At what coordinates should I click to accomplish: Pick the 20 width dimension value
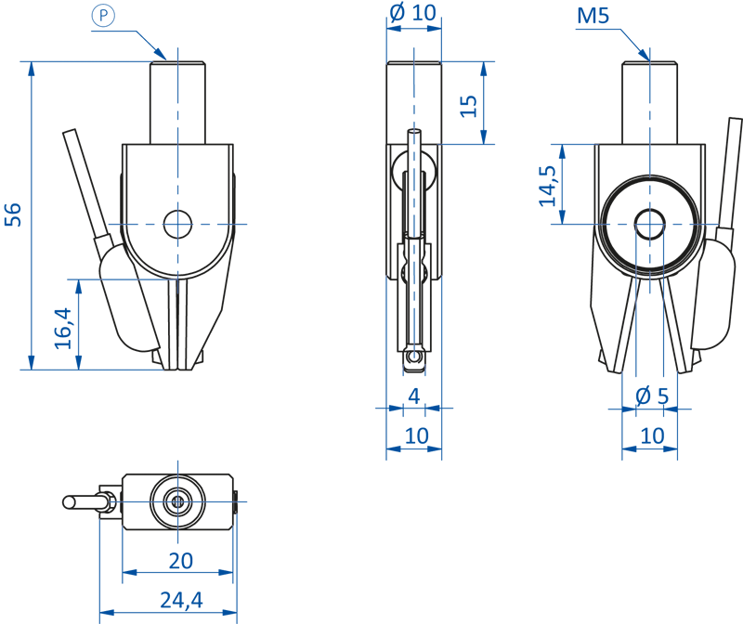(180, 561)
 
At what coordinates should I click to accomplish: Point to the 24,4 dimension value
(180, 601)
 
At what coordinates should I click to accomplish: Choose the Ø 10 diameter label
(413, 13)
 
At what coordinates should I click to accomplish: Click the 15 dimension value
(469, 105)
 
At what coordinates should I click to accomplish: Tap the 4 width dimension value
(414, 396)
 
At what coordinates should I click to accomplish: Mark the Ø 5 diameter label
(651, 396)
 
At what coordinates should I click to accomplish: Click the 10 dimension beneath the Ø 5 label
(652, 435)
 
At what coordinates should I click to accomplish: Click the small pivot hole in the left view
(176, 224)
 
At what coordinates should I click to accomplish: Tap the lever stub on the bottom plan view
(84, 501)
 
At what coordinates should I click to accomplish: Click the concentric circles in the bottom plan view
(176, 501)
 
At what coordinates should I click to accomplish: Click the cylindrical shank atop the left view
(176, 100)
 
